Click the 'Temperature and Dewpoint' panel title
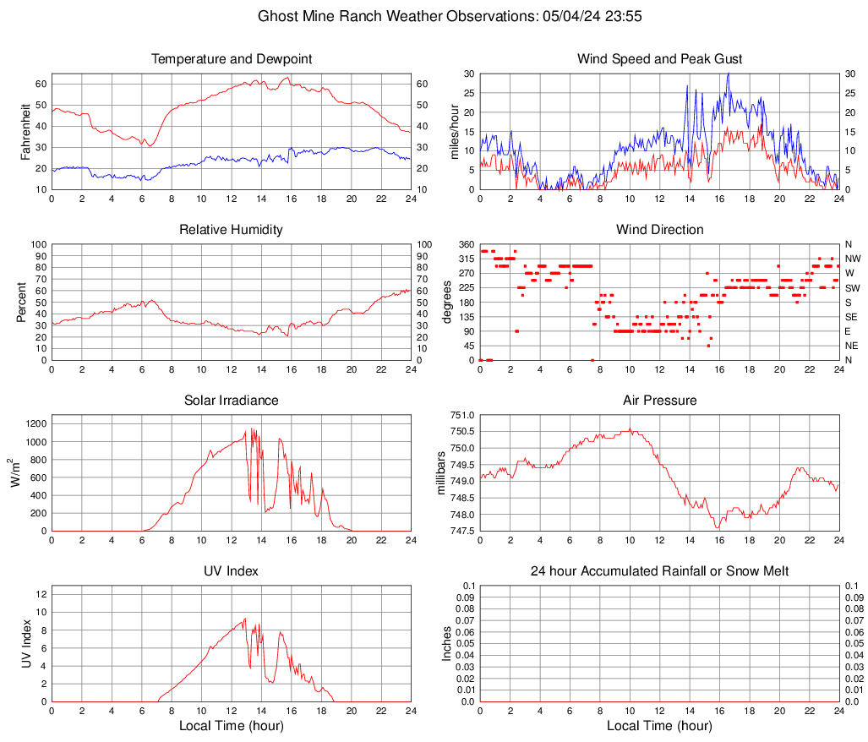point(231,59)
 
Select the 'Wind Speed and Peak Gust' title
point(659,59)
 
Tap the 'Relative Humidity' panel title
point(231,230)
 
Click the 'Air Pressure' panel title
point(659,401)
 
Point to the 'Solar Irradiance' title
point(231,401)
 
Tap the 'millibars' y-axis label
point(441,473)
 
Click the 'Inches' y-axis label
point(447,644)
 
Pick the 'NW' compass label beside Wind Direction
point(853,259)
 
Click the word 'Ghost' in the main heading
point(278,16)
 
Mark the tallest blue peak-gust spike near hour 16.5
point(728,74)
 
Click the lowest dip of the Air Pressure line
point(718,528)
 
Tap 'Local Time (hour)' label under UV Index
point(231,726)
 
